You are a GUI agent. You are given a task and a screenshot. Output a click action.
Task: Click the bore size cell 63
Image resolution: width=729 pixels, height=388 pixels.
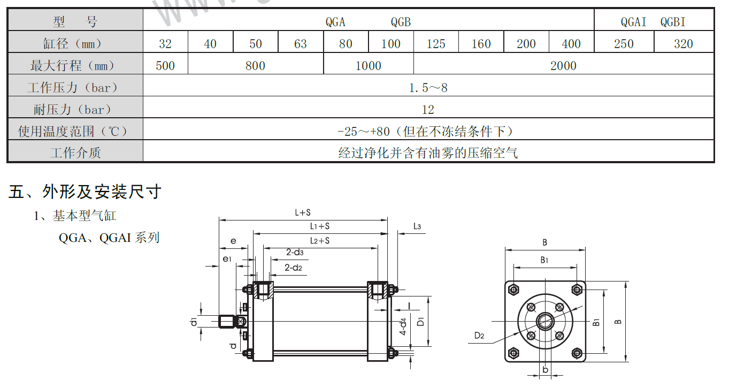301,44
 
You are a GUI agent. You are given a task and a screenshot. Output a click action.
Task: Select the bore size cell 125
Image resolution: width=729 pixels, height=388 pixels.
436,44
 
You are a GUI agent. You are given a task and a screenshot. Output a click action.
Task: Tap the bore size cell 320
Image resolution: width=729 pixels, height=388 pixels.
684,44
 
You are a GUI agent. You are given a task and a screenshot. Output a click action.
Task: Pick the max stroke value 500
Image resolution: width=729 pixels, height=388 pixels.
165,66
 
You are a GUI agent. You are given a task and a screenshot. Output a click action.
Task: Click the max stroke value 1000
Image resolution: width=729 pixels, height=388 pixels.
369,66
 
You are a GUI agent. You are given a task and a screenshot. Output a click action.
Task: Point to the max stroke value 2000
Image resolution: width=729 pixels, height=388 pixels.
563,66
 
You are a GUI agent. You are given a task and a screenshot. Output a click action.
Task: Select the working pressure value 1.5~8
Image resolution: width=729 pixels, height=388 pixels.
428,88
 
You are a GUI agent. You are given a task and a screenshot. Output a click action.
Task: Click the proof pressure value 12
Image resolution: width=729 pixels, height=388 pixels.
428,110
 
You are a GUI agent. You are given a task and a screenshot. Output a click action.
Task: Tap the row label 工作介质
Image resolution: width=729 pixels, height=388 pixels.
75,153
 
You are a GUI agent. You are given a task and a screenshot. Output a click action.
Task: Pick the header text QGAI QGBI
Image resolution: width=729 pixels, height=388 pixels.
653,22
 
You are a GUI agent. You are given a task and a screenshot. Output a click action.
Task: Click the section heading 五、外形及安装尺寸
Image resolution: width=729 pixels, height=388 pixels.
85,191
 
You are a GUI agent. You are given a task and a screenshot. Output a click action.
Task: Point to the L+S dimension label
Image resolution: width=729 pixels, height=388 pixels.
303,212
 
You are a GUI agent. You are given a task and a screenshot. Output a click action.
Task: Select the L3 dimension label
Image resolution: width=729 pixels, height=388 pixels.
417,226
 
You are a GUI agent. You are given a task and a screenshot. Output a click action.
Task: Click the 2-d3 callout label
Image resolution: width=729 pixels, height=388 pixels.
294,253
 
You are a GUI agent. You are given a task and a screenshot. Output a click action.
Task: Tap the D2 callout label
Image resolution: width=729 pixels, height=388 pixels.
479,336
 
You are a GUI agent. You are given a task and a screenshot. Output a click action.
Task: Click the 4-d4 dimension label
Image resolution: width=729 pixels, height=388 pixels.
404,326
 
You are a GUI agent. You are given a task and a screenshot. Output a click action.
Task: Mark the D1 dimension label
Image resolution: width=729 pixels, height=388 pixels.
421,322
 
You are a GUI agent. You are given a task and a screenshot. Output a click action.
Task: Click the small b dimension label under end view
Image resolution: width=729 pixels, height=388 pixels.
545,370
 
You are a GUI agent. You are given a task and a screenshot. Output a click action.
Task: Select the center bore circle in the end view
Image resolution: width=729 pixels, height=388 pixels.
545,321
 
